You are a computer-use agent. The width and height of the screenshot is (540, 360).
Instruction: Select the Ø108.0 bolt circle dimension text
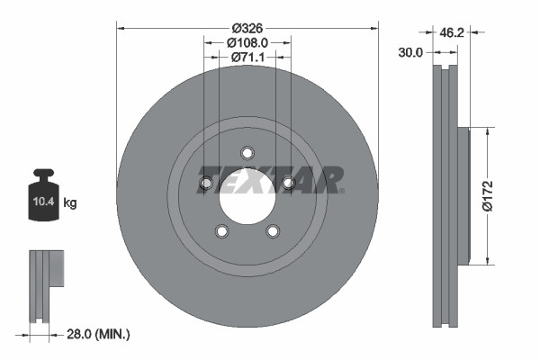click(x=247, y=41)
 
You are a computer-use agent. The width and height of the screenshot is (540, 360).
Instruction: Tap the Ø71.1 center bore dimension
click(x=247, y=57)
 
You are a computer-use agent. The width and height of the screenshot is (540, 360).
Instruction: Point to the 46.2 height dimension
click(x=451, y=33)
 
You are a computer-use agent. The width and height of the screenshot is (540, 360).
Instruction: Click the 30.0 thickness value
click(x=410, y=53)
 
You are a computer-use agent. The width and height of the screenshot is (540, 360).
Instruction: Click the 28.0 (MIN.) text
click(x=100, y=334)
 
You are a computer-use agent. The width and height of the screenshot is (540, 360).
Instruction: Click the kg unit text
click(x=70, y=203)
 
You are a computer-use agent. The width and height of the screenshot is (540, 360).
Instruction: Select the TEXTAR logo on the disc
click(x=270, y=179)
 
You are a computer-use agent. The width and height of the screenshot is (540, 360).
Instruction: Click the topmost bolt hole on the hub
click(x=247, y=152)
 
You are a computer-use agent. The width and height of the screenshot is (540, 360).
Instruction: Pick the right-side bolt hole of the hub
click(x=289, y=184)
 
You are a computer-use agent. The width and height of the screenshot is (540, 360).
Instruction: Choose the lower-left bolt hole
click(x=221, y=232)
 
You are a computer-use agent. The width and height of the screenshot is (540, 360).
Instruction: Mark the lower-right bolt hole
click(x=273, y=232)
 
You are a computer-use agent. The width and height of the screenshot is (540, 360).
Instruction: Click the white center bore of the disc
click(x=247, y=195)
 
